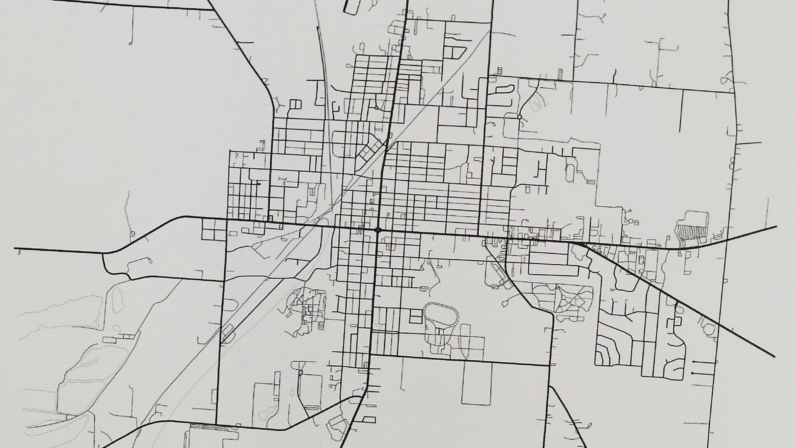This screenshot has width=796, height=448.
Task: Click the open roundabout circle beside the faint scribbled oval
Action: pyautogui.click(x=519, y=117)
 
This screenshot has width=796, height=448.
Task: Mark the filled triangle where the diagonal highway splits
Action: pyautogui.click(x=580, y=244)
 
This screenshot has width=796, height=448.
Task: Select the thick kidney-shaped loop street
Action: pyautogui.click(x=505, y=89)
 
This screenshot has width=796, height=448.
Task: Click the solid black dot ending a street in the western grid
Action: pyautogui.click(x=259, y=184)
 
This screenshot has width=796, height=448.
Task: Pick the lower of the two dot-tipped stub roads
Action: pyautogui.click(x=693, y=373)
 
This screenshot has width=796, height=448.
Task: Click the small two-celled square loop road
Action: pyautogui.click(x=296, y=104)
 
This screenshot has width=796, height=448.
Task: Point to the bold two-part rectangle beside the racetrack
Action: pyautogui.click(x=415, y=316)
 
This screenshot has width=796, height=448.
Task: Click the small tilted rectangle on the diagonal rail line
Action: pyautogui.click(x=227, y=331)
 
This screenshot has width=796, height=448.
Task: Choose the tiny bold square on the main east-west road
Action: pyautogui.click(x=270, y=218)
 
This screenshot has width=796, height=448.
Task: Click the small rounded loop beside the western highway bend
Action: pyautogui.click(x=132, y=234)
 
